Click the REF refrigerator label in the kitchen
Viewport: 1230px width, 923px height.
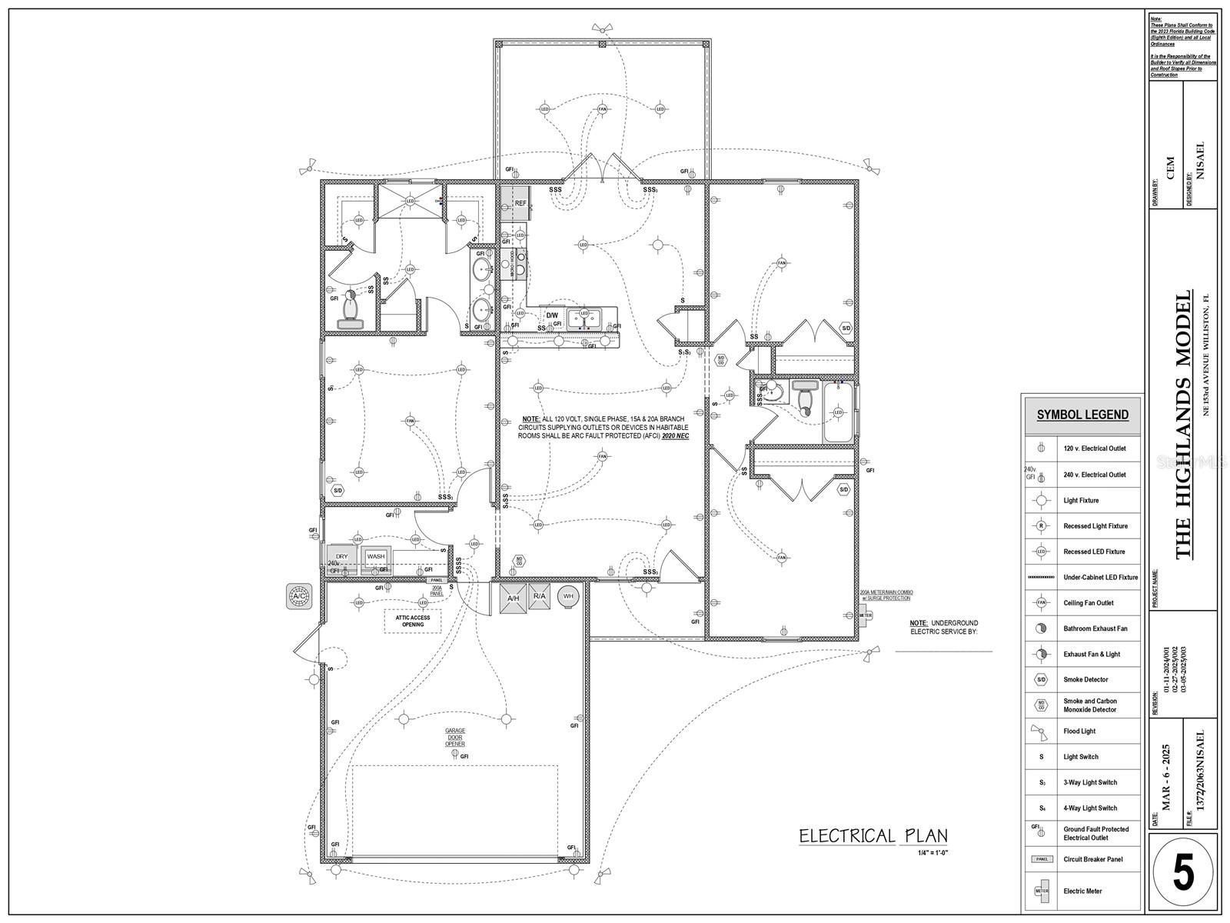tap(520, 203)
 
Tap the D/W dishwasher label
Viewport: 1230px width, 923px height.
tap(552, 315)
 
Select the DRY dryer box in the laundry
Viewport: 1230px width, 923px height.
tap(341, 556)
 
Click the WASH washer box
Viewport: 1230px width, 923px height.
tap(376, 556)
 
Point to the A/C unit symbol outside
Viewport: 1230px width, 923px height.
tap(299, 596)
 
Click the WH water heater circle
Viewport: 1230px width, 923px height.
tap(569, 596)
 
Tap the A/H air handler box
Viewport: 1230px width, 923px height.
tap(513, 598)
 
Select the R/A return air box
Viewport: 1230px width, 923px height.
tap(539, 597)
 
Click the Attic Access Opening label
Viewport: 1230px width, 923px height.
tap(413, 621)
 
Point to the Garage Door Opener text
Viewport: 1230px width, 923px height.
tap(455, 737)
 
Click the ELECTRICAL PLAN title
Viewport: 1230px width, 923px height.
tap(873, 836)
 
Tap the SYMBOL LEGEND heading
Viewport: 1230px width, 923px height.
tap(1082, 415)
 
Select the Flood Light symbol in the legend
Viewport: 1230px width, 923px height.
tap(1041, 731)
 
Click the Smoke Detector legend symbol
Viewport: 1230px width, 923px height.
tap(1041, 680)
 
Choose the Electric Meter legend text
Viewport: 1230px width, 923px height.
tap(1082, 891)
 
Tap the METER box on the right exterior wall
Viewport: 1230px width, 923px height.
tap(866, 615)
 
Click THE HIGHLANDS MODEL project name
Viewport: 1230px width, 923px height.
tap(1183, 424)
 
